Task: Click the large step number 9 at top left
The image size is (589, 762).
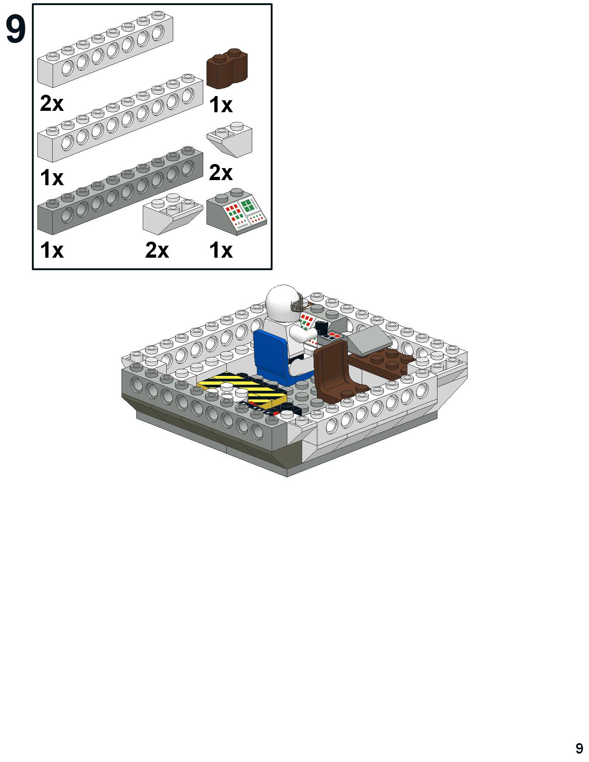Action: [16, 30]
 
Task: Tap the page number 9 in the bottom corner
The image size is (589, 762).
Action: [579, 748]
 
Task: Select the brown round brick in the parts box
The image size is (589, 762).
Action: [227, 68]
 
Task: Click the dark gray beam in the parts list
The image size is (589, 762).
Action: [120, 190]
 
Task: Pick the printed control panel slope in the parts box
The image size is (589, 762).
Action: [237, 212]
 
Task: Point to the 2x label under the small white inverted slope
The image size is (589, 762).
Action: [221, 173]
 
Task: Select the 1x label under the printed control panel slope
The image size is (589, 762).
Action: [221, 250]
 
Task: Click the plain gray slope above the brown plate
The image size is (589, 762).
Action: [369, 340]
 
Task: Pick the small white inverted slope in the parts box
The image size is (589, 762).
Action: [230, 139]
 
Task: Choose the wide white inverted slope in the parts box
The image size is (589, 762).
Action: [173, 213]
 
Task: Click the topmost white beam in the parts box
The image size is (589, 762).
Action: [105, 49]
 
